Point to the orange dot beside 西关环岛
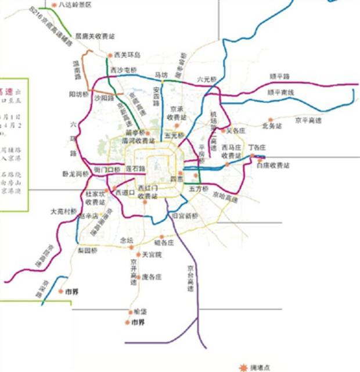point(110,56)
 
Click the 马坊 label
point(160,75)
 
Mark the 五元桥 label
point(174,135)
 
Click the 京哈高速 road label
point(225,198)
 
